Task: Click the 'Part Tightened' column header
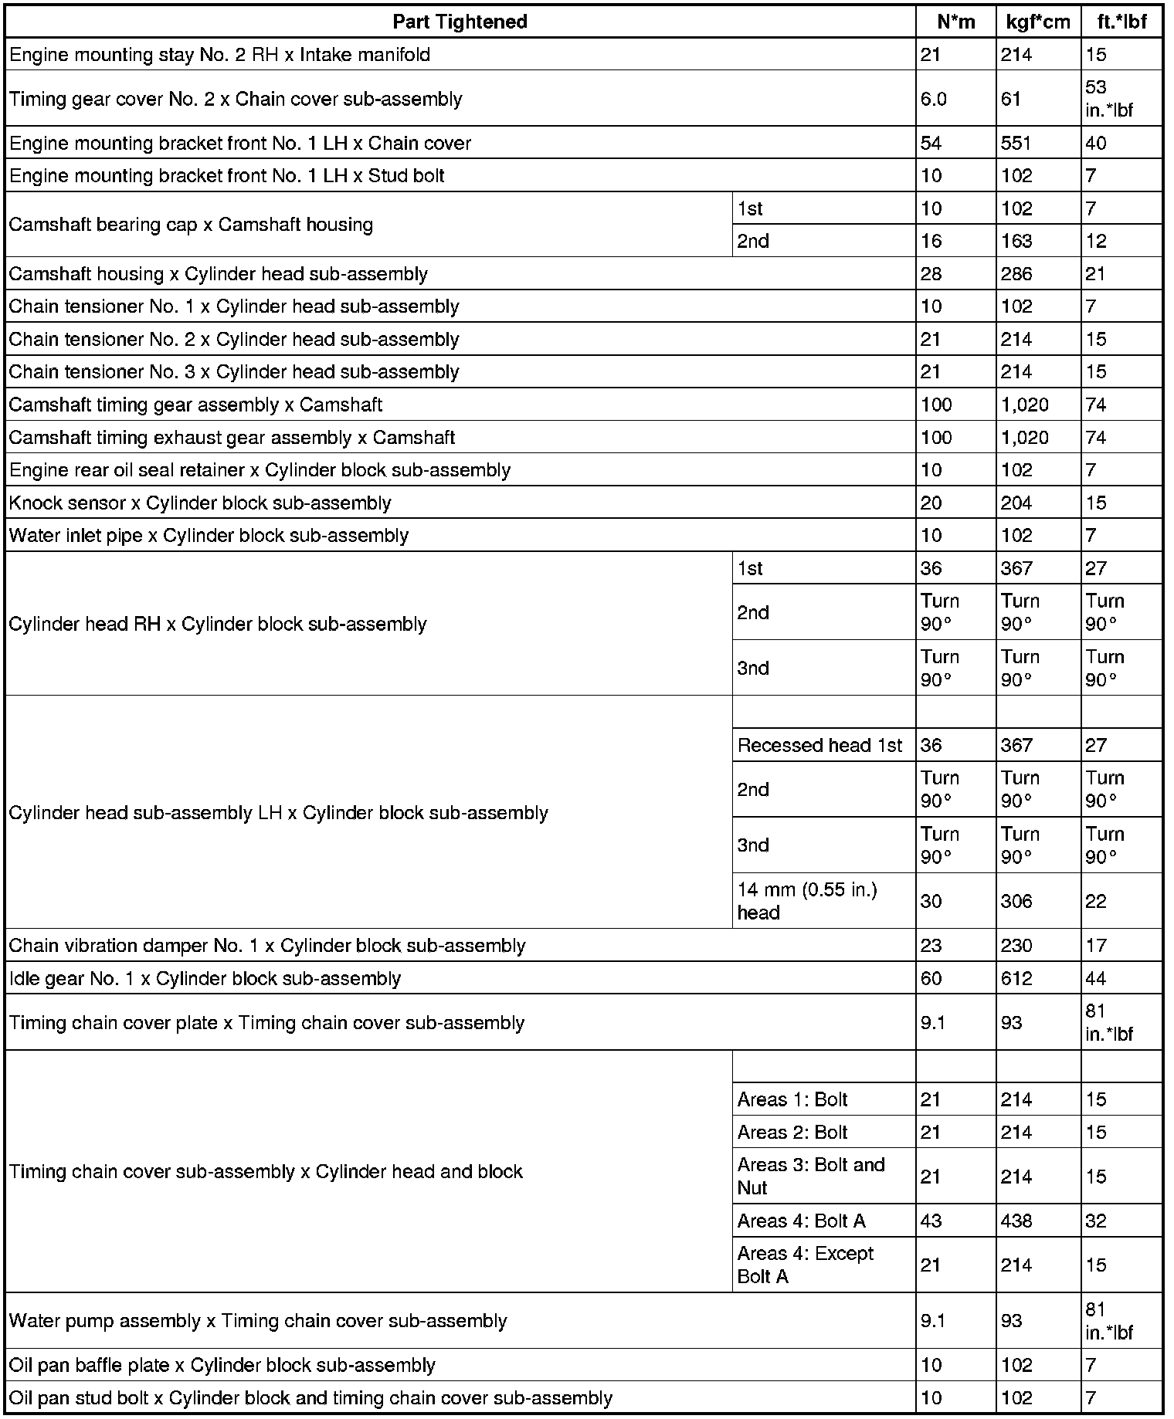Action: coord(460,22)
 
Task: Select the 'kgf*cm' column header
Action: coord(1038,22)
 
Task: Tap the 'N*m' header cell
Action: coord(955,22)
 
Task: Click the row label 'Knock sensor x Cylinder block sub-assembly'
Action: coord(200,503)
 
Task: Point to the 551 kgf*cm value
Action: coord(1016,144)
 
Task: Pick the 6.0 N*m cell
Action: coord(934,99)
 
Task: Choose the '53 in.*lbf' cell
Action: coord(1108,99)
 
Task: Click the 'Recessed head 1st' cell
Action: coord(819,746)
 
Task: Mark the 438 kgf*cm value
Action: coord(1016,1221)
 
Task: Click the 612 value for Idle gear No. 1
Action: coord(1016,979)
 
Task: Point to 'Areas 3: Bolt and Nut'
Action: coord(811,1176)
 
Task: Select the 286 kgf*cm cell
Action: coord(1016,274)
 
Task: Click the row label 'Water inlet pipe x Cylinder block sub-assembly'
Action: coord(209,536)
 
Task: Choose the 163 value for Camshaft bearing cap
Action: coord(1016,242)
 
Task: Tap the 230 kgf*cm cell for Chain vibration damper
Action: coord(1016,946)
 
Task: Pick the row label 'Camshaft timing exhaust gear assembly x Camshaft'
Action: coord(232,438)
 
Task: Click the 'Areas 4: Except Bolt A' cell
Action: coord(805,1265)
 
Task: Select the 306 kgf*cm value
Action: coord(1016,901)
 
